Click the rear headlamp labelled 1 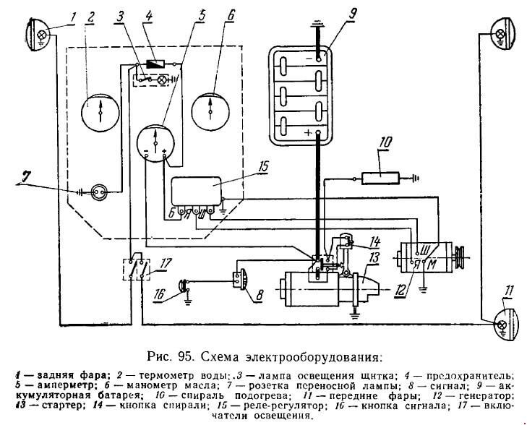[38, 34]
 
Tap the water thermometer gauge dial [100, 113]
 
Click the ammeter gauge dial [156, 144]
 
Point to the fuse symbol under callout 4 [155, 63]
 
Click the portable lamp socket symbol [99, 192]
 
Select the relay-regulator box [197, 191]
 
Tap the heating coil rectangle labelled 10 [380, 178]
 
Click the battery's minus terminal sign [309, 58]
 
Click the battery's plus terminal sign [308, 133]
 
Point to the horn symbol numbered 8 [240, 278]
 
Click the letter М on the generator [432, 265]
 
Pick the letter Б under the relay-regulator [172, 213]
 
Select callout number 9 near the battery [351, 14]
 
